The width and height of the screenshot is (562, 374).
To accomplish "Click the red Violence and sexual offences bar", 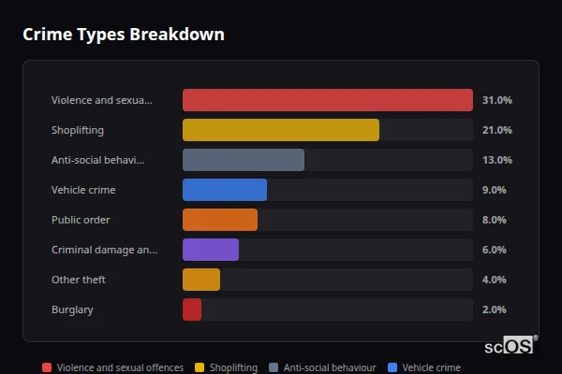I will [x=327, y=100].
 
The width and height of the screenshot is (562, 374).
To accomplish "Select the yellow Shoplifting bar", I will [x=280, y=130].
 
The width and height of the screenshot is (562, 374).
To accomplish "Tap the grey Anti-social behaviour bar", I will [x=243, y=160].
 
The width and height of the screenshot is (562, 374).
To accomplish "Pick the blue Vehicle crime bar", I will [x=224, y=190].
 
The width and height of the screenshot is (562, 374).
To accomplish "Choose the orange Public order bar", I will [x=219, y=220].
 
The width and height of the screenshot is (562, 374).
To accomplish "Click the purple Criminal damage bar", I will [x=210, y=250].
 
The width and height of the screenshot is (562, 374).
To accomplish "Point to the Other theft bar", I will [x=200, y=280].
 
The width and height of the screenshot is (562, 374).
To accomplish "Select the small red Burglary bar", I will [x=191, y=309].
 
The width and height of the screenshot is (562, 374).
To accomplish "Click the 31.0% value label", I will [x=496, y=100].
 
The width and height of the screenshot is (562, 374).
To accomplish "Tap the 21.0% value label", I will [x=496, y=130].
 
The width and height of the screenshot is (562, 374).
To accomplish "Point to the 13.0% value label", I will [x=496, y=160].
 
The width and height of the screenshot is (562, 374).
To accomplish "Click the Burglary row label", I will [x=72, y=309].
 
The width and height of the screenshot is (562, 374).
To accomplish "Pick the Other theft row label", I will [x=78, y=280].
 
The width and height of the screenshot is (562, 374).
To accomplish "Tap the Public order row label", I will [x=81, y=220].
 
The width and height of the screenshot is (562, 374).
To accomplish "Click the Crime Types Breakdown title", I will [x=123, y=35].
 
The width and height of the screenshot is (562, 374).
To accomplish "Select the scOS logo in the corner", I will [x=510, y=345].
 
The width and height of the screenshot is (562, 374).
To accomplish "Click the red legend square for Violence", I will [x=47, y=367].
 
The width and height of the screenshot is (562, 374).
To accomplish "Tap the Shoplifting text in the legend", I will [x=233, y=368].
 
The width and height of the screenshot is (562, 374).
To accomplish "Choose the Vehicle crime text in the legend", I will [x=431, y=368].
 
